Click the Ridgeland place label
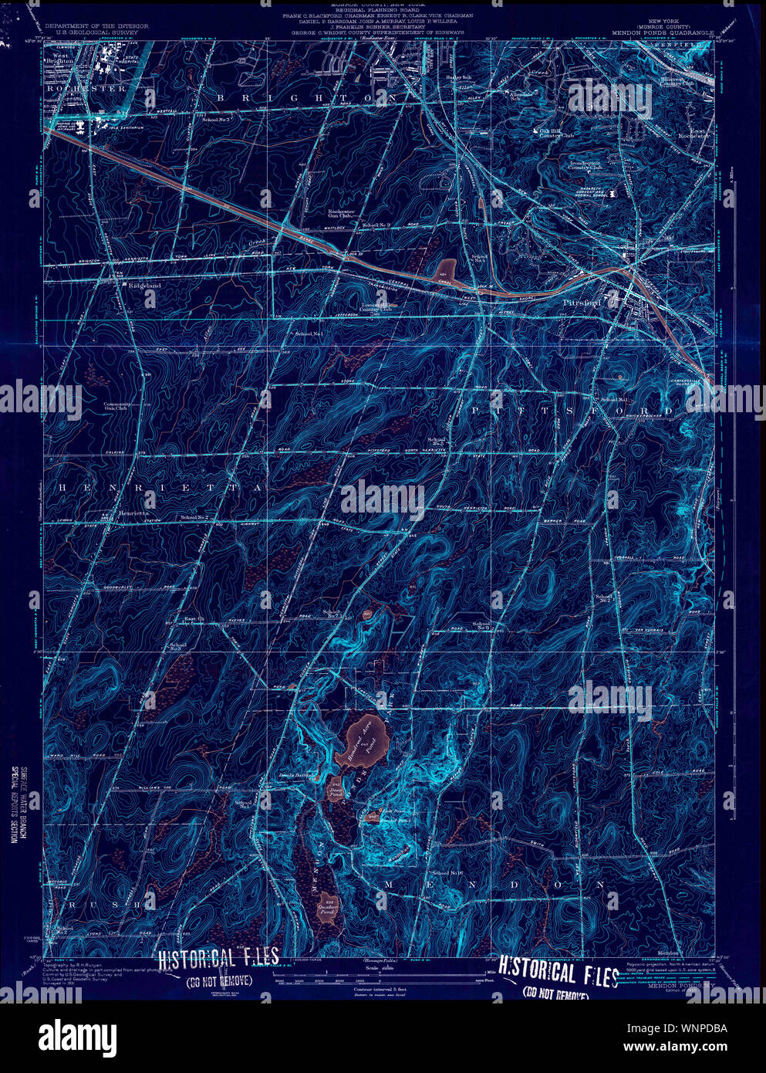pos(145,286)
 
